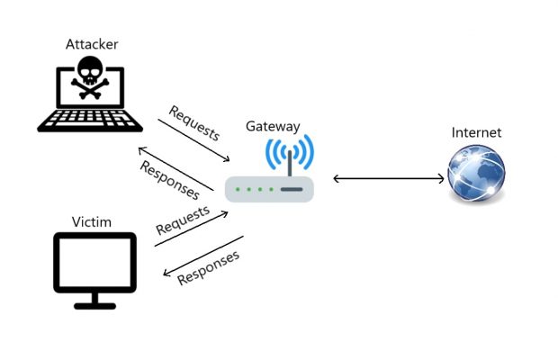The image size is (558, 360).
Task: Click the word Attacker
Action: (92, 43)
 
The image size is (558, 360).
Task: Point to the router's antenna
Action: (290, 163)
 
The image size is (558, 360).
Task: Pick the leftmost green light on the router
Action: (237, 190)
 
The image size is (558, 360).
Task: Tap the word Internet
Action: (476, 132)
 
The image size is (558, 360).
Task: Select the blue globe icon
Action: (476, 174)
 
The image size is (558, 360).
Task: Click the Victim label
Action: (91, 220)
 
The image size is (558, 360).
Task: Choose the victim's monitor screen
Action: (94, 262)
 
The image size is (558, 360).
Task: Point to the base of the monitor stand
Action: (94, 304)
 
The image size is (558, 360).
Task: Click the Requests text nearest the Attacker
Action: (194, 123)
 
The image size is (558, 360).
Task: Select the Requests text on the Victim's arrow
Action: (183, 220)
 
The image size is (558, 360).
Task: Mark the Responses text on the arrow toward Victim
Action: (209, 266)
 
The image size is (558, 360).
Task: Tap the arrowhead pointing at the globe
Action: (440, 179)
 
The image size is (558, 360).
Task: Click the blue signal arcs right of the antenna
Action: (307, 152)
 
